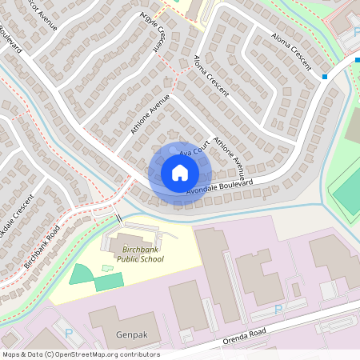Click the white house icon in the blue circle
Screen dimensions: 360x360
[180, 172]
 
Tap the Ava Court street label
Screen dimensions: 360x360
[194, 148]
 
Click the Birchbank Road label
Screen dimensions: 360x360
[42, 245]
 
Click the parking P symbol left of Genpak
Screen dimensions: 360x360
[68, 333]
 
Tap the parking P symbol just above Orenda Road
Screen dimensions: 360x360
[278, 309]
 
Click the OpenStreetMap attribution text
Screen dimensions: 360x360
[80, 354]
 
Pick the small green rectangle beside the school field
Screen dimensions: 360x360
[110, 281]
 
